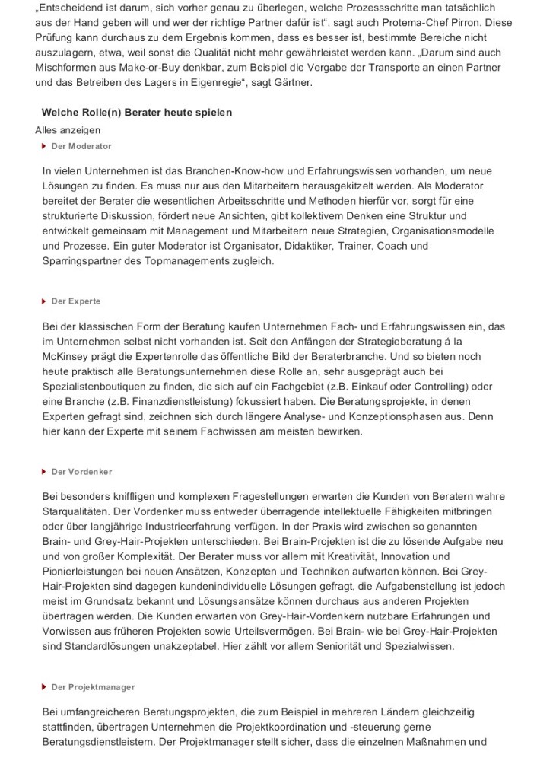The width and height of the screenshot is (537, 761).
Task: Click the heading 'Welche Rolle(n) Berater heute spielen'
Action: coord(137,113)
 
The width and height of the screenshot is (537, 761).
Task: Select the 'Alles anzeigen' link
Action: coord(68,130)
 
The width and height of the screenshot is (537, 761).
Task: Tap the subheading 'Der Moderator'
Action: coord(81,146)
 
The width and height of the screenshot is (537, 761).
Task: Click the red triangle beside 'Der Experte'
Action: coord(45,301)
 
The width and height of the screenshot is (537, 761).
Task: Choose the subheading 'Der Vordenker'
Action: coord(81,472)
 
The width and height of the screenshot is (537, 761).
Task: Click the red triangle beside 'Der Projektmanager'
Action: coord(45,687)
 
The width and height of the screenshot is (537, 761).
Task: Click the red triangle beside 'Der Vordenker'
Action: coord(45,472)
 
